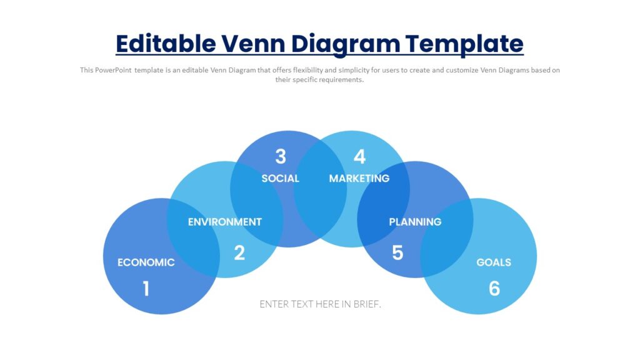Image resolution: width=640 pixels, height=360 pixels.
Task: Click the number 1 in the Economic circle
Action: pyautogui.click(x=146, y=288)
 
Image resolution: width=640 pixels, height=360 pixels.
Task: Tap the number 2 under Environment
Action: pyautogui.click(x=239, y=252)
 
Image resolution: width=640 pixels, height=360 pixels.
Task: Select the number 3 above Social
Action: pyautogui.click(x=281, y=156)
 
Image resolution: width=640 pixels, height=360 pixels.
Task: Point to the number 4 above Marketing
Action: pyautogui.click(x=359, y=156)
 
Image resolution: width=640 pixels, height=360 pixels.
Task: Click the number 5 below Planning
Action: pyautogui.click(x=397, y=252)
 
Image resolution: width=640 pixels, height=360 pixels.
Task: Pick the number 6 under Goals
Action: pyautogui.click(x=494, y=288)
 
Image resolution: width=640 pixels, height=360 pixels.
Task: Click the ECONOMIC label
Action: pyautogui.click(x=146, y=262)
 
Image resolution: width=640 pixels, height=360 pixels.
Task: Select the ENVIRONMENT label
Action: pyautogui.click(x=225, y=222)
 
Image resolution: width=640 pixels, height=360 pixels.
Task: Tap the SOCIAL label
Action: pyautogui.click(x=281, y=178)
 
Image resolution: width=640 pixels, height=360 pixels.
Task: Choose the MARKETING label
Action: pyautogui.click(x=359, y=178)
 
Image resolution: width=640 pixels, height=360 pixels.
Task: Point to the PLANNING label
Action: pyautogui.click(x=415, y=222)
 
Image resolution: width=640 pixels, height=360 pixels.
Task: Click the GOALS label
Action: pyautogui.click(x=494, y=262)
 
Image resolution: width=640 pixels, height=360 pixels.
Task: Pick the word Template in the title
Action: pyautogui.click(x=464, y=44)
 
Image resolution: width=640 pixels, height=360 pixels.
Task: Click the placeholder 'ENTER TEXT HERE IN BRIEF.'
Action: pyautogui.click(x=320, y=304)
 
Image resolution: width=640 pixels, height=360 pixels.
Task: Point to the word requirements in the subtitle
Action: pyautogui.click(x=341, y=80)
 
